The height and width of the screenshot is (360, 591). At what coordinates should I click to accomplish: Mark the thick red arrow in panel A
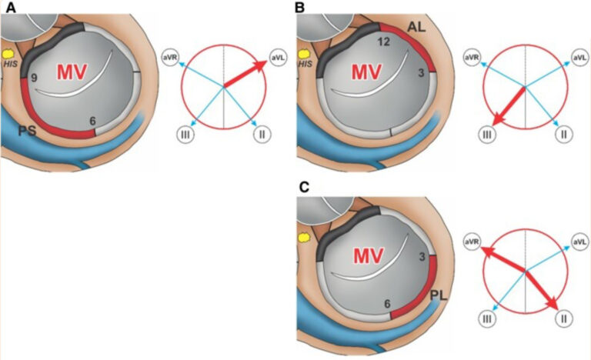pos(245,74)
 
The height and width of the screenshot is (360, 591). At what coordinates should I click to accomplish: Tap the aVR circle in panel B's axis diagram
pos(472,58)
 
